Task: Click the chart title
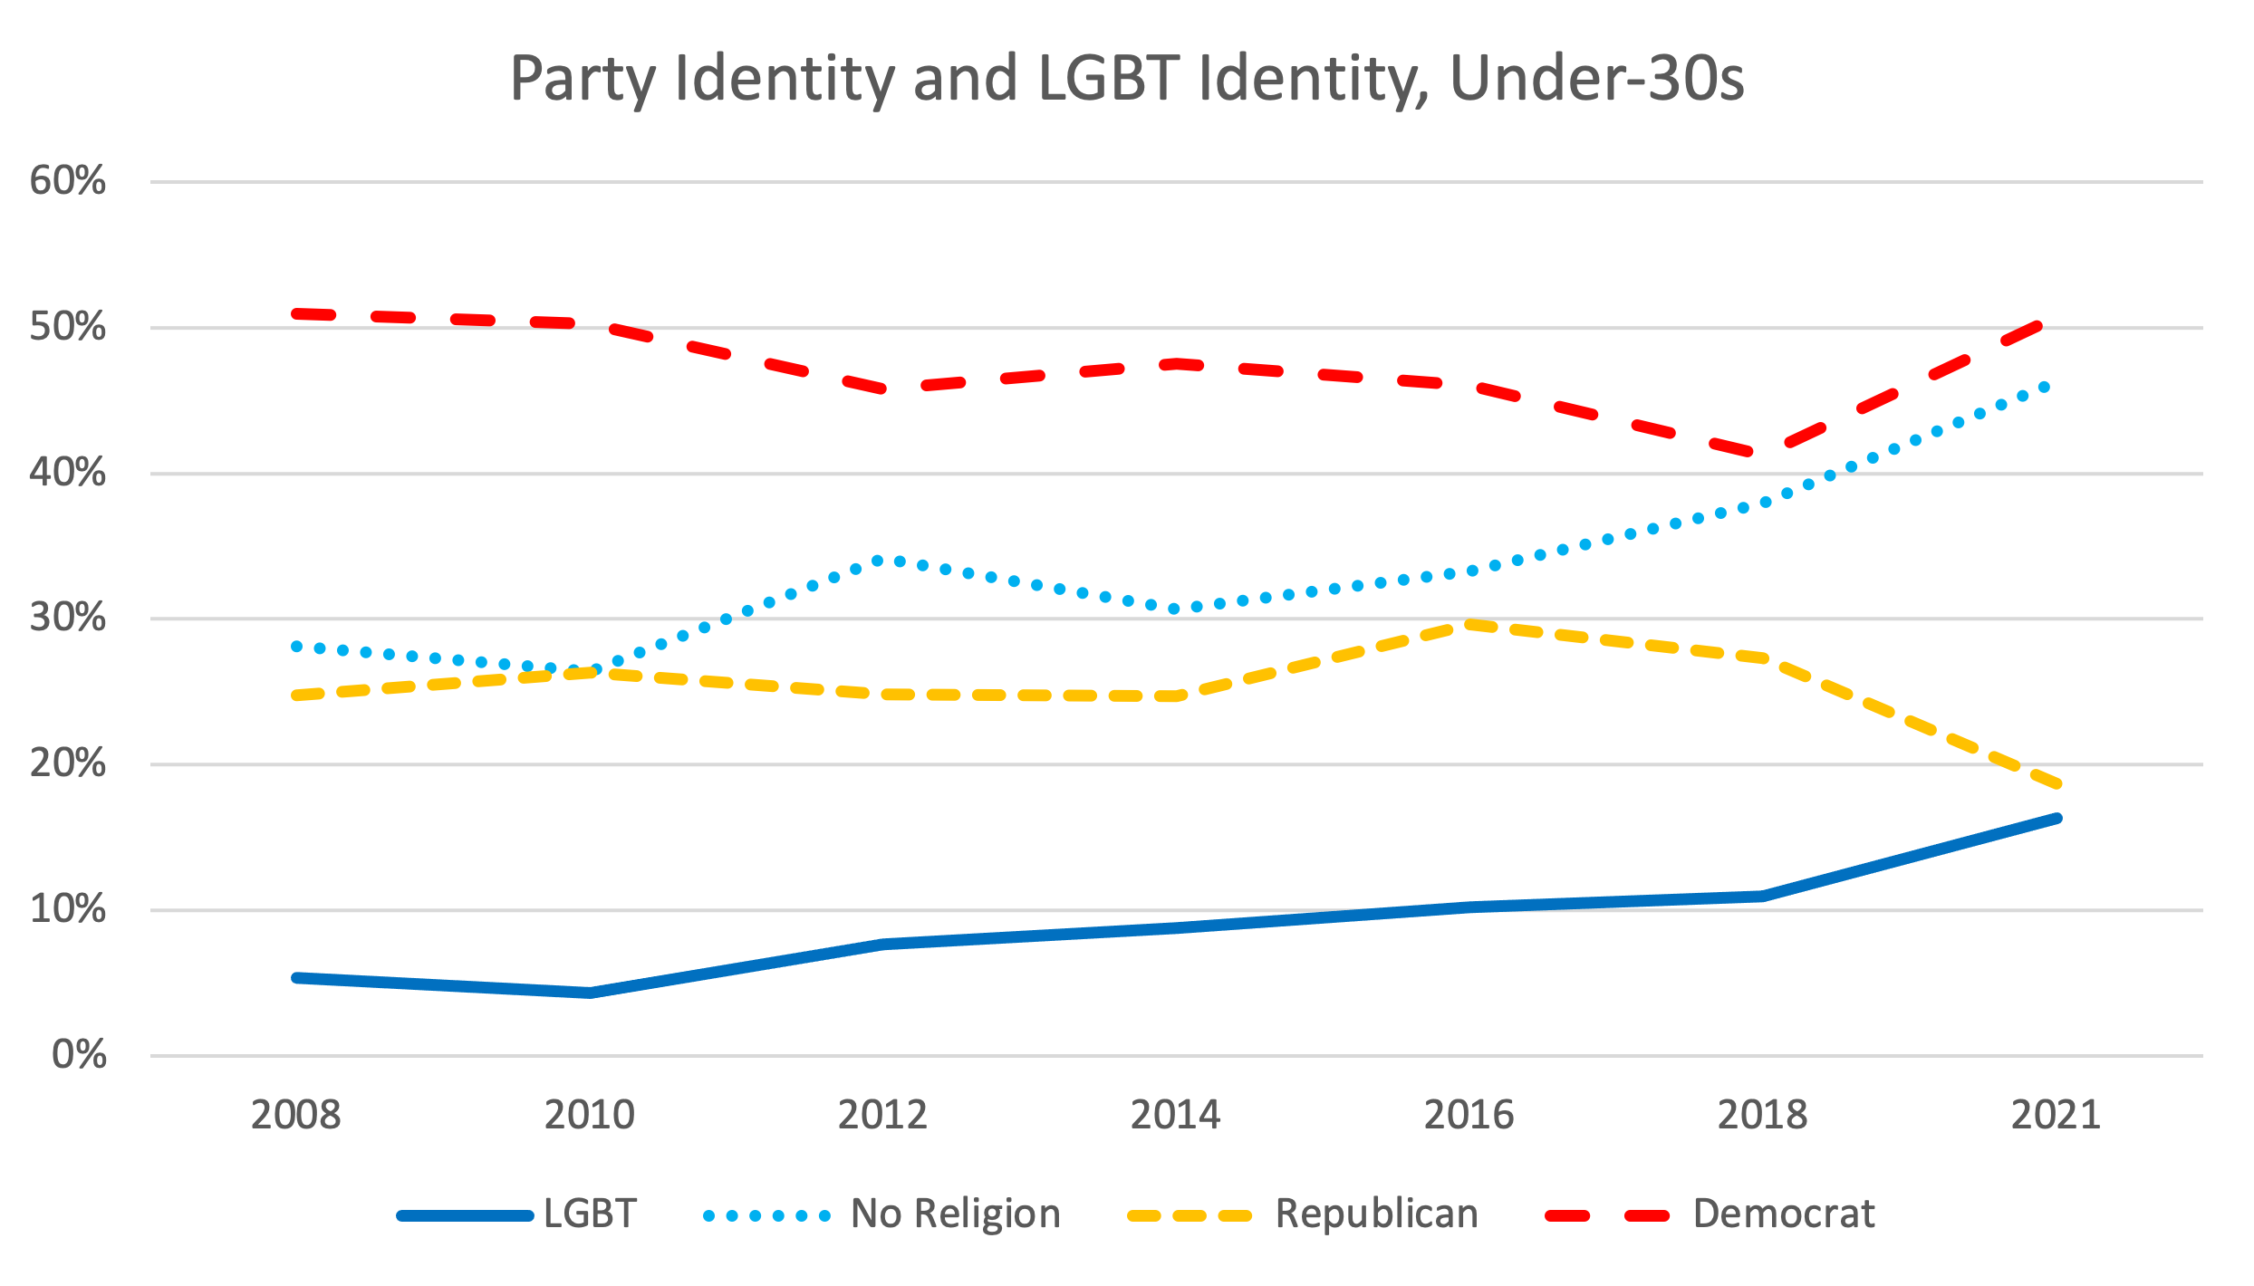click(1126, 80)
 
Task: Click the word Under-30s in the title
click(1596, 80)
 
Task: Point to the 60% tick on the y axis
click(68, 181)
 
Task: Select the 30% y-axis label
click(68, 619)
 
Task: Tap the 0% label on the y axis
click(79, 1055)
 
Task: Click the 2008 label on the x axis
click(295, 1115)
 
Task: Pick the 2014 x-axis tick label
click(1175, 1115)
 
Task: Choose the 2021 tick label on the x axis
click(2056, 1115)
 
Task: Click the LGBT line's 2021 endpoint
click(2057, 819)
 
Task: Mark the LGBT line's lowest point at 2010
click(590, 993)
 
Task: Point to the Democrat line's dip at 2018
click(1762, 453)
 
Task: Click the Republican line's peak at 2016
click(1469, 624)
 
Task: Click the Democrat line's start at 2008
click(297, 313)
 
